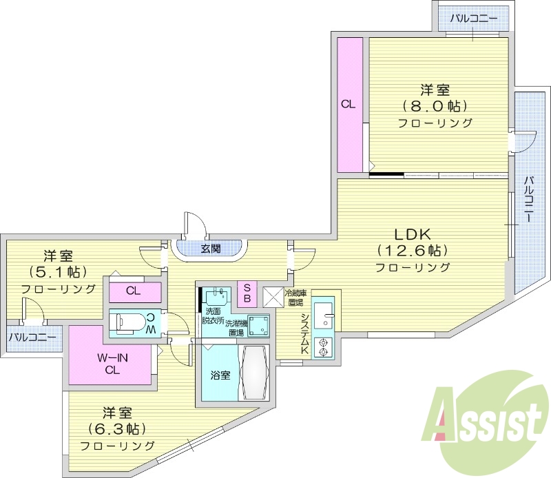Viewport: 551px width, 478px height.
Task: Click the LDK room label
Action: click(x=412, y=232)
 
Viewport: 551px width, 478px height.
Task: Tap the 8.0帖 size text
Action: click(x=435, y=106)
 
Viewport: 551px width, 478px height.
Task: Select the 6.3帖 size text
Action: click(x=117, y=429)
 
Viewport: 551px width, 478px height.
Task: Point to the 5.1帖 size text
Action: click(x=58, y=272)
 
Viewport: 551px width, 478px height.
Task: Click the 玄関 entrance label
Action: click(x=210, y=249)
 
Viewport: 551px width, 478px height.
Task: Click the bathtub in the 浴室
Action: click(x=253, y=373)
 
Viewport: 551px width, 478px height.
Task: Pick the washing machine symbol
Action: click(x=258, y=325)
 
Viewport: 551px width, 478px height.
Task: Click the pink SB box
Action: click(x=247, y=293)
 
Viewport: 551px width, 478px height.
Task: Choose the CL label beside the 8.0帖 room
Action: click(x=349, y=105)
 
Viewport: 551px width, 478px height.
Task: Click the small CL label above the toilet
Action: click(x=134, y=291)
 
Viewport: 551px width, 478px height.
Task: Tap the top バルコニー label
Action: click(x=472, y=18)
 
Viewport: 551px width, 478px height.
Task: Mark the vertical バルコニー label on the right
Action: click(x=528, y=200)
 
